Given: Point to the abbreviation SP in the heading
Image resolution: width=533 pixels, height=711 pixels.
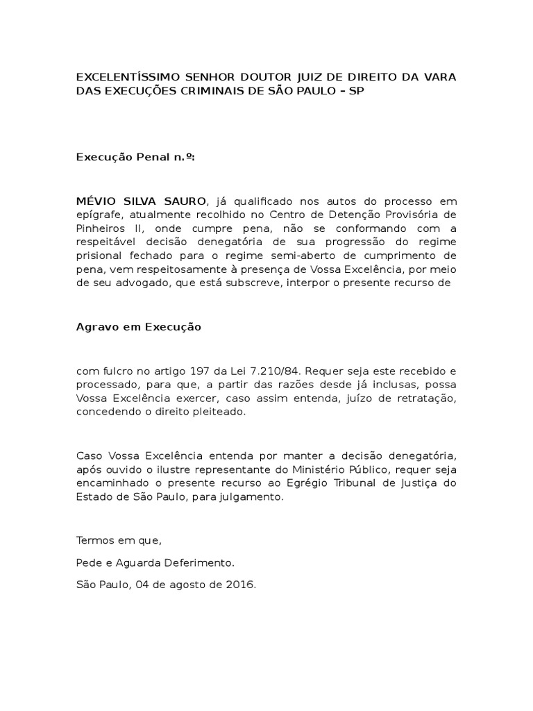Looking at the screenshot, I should point(355,91).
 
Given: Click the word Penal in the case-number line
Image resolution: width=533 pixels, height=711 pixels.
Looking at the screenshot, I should point(148,158).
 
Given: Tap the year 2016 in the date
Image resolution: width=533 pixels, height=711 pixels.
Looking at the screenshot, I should point(242,585).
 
